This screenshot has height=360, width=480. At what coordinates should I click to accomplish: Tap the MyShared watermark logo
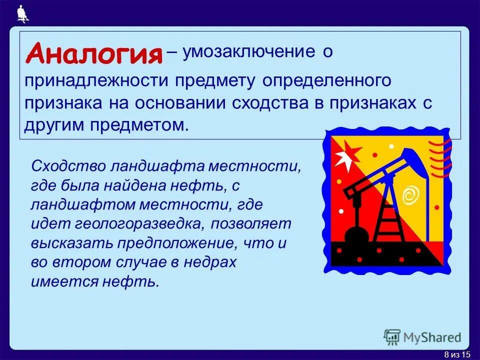coord(423,337)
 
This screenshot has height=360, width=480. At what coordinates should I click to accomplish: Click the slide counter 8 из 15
coord(457,354)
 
